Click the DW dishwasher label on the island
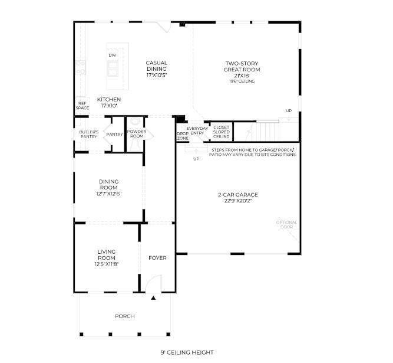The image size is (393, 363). pyautogui.click(x=113, y=55)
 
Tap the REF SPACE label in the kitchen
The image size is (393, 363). pyautogui.click(x=82, y=106)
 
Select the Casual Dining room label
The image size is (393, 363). pyautogui.click(x=157, y=66)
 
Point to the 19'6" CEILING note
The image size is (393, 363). pyautogui.click(x=242, y=81)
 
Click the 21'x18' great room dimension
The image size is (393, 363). pyautogui.click(x=242, y=76)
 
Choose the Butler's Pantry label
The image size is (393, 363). pyautogui.click(x=89, y=135)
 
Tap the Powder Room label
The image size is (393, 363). pyautogui.click(x=137, y=134)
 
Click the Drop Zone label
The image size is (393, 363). pyautogui.click(x=183, y=136)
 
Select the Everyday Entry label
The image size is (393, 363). pyautogui.click(x=197, y=131)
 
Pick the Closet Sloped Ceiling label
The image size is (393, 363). pyautogui.click(x=222, y=132)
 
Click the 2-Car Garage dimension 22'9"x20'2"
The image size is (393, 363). pyautogui.click(x=238, y=201)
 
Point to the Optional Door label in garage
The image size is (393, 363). pyautogui.click(x=286, y=225)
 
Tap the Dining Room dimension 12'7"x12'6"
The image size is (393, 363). pyautogui.click(x=109, y=194)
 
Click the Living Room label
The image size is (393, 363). pyautogui.click(x=107, y=255)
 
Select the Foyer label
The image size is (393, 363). pyautogui.click(x=157, y=258)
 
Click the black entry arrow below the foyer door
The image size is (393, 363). pyautogui.click(x=153, y=298)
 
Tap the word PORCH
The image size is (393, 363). pyautogui.click(x=125, y=316)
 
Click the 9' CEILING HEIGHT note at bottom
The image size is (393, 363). pyautogui.click(x=187, y=352)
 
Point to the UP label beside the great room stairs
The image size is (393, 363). pyautogui.click(x=289, y=111)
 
